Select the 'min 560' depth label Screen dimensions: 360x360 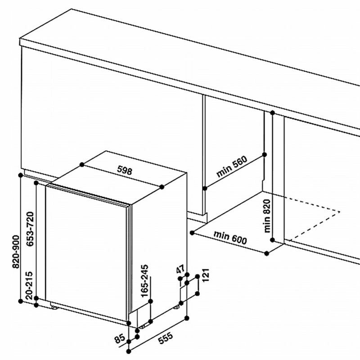click(x=231, y=167)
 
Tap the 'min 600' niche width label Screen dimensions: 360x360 click(x=230, y=238)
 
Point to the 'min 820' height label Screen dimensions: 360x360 click(x=269, y=216)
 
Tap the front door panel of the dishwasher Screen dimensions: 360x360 click(x=85, y=252)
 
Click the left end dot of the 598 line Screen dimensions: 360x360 click(x=81, y=165)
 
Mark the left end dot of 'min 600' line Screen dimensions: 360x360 click(x=192, y=233)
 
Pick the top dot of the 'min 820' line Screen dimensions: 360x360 click(x=272, y=114)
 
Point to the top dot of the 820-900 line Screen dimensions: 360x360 click(x=21, y=175)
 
